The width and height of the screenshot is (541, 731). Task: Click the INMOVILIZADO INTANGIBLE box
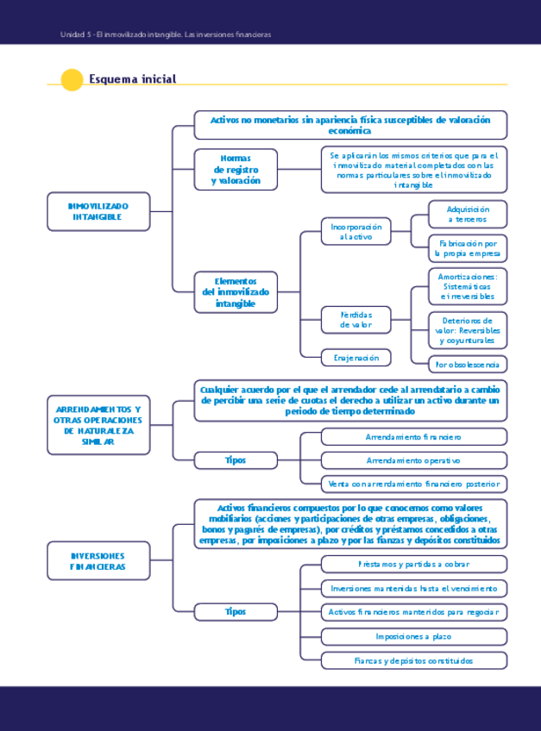click(x=98, y=211)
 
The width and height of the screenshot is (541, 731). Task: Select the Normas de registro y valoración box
click(x=236, y=170)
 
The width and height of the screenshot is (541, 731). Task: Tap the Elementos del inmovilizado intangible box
click(x=236, y=292)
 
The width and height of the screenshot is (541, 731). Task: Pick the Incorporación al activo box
click(x=355, y=231)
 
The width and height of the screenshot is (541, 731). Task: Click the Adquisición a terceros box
click(x=468, y=214)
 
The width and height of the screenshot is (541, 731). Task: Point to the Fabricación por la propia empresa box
click(x=468, y=249)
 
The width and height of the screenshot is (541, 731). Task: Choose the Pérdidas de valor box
click(x=355, y=320)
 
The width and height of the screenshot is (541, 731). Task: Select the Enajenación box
click(x=355, y=357)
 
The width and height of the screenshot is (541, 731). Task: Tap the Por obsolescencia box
click(x=468, y=364)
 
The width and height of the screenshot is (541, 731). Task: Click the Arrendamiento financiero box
click(x=413, y=437)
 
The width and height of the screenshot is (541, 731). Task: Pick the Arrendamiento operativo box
click(x=413, y=460)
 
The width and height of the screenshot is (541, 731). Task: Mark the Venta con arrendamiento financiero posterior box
click(x=413, y=484)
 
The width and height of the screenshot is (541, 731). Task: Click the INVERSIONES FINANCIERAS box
click(x=98, y=561)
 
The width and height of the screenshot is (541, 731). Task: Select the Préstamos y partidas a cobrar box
click(x=413, y=564)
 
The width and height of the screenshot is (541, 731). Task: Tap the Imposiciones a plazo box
click(x=413, y=636)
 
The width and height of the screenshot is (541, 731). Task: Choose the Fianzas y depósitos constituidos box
click(x=413, y=661)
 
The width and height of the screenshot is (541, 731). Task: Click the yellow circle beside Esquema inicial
click(x=72, y=79)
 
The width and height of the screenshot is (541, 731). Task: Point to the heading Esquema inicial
click(x=132, y=79)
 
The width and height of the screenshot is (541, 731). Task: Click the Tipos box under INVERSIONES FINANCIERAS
click(x=236, y=611)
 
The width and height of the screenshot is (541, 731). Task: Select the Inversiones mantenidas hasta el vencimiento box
click(x=413, y=588)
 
